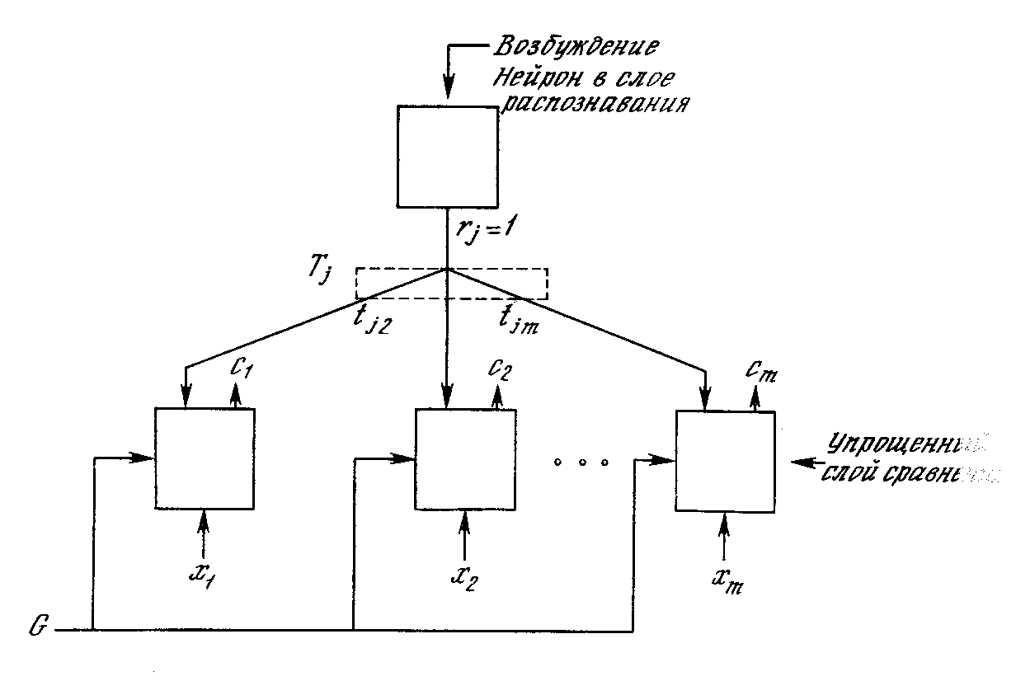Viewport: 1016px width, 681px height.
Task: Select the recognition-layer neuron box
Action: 447,156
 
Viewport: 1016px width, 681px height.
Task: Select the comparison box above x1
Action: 204,459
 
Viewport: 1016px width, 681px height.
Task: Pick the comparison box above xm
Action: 724,462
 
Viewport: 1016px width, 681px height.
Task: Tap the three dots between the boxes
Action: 581,463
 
